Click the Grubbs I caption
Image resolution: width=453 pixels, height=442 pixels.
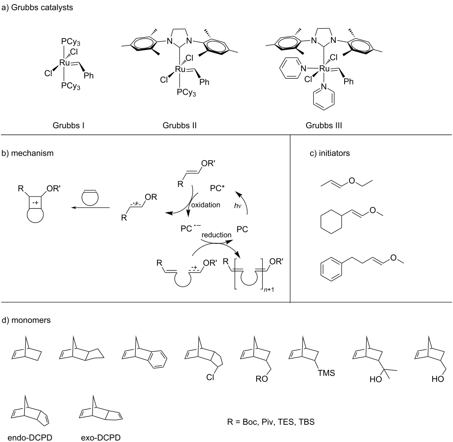coord(69,125)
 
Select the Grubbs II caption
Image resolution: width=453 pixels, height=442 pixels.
coord(180,125)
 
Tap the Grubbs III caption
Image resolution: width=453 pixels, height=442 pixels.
coord(323,125)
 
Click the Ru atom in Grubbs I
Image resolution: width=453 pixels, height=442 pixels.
coord(65,63)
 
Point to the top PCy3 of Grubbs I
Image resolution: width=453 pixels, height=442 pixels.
coord(70,42)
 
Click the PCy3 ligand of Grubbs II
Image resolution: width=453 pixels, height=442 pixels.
coord(186,92)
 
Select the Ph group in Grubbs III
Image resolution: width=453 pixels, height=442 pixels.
coord(349,81)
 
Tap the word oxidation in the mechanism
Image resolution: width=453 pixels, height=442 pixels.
coord(206,205)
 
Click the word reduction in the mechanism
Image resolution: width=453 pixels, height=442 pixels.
coord(216,235)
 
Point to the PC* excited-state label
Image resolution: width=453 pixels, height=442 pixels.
coord(217,188)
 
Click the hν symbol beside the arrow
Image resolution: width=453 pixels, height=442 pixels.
coord(238,206)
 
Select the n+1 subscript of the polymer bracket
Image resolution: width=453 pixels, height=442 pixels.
coord(269,289)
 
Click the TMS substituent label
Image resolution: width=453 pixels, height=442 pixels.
coord(326,373)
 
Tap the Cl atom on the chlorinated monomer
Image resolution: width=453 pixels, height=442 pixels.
coord(210,377)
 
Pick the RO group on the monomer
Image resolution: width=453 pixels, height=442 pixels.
coord(262,379)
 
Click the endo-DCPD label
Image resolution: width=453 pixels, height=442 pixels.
coord(30,438)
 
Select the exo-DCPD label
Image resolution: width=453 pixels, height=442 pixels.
coord(100,438)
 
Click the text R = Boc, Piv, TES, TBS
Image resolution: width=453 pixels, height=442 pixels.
coord(271,422)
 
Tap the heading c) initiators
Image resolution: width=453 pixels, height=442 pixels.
coord(330,153)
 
